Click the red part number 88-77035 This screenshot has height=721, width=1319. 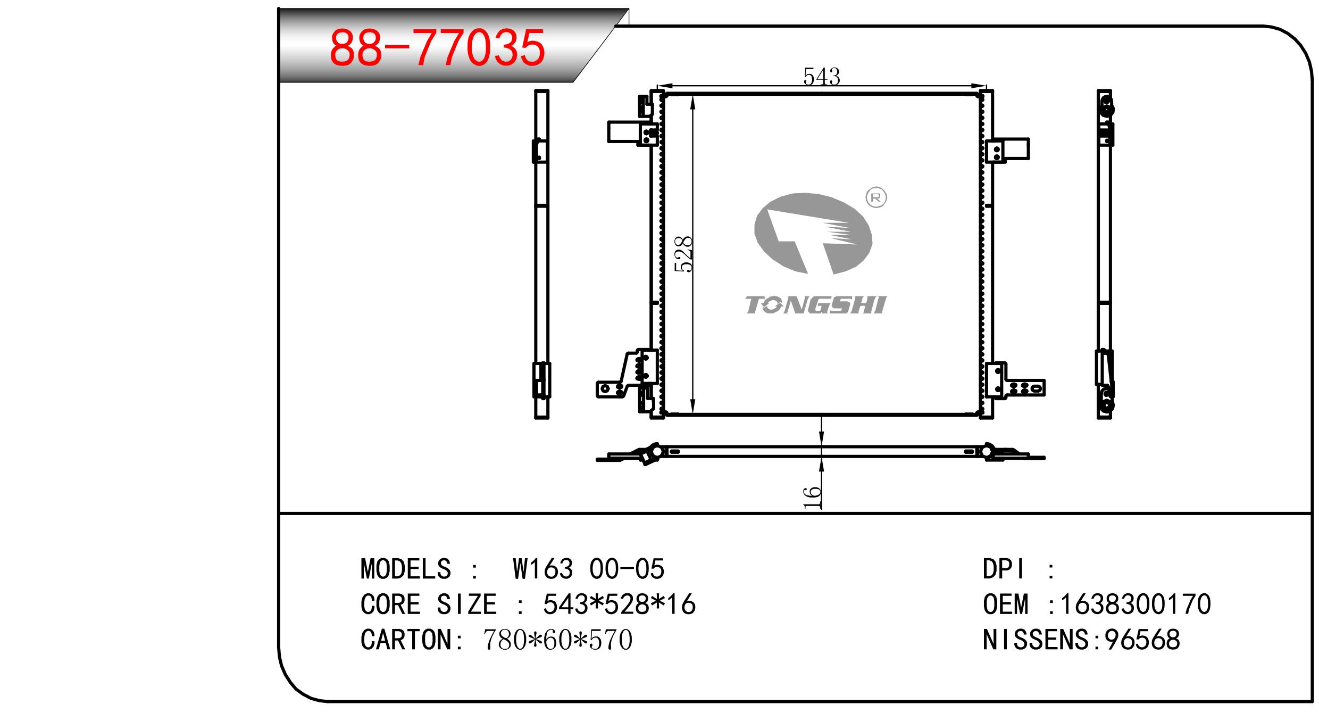point(437,48)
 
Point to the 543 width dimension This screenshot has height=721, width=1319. point(821,77)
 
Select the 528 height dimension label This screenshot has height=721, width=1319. point(683,254)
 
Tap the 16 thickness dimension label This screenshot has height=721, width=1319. point(812,497)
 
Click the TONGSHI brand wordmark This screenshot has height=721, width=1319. point(815,305)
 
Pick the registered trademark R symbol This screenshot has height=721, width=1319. point(876,198)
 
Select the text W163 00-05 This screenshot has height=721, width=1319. point(588,569)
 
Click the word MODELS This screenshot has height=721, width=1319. point(406,569)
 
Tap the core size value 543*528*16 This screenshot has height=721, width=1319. point(619,604)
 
